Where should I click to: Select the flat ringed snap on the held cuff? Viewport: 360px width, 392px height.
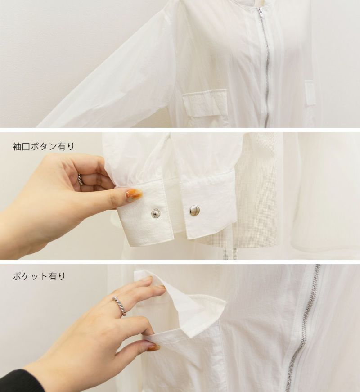pos(156,213)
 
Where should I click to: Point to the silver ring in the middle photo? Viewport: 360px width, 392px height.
pos(80,179)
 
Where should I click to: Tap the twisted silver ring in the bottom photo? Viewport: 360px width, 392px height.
pos(120,306)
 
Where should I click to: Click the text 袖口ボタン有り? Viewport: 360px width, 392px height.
pos(44,146)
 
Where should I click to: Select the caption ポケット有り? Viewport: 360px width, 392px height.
pos(39,276)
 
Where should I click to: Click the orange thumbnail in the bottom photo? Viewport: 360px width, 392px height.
pos(154,347)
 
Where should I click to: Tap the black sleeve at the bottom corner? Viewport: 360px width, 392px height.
pos(18,381)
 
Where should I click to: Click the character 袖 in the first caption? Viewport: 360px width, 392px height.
pos(17,146)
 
